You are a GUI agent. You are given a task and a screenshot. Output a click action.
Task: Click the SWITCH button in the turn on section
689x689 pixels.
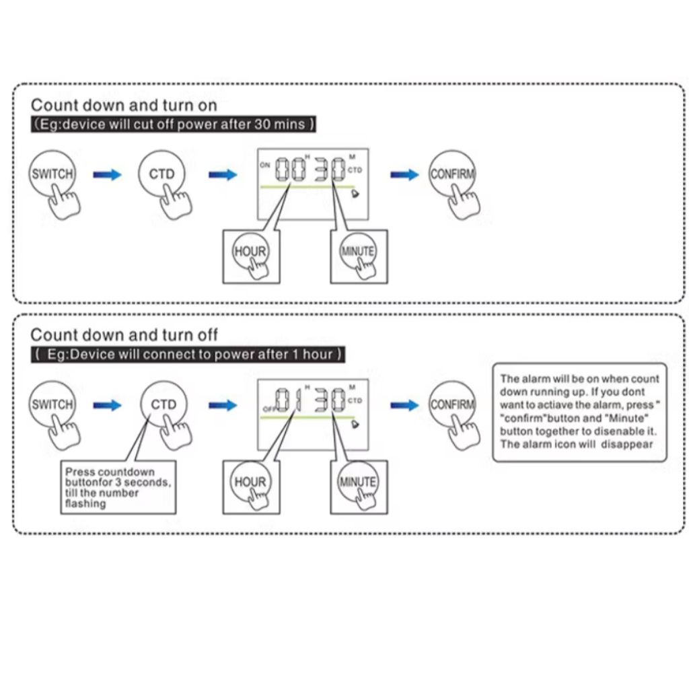pos(52,174)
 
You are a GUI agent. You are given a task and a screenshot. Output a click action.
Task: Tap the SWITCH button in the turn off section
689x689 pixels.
pos(52,405)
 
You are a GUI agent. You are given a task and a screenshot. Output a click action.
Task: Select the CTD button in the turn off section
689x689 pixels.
pos(164,405)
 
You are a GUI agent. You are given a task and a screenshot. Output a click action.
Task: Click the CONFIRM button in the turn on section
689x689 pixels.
pos(452,174)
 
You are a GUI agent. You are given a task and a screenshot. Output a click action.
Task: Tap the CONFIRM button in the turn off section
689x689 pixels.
pos(452,405)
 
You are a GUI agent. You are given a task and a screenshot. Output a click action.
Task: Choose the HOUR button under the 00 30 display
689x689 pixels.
pos(250,252)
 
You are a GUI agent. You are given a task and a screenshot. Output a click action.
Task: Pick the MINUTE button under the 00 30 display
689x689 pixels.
pos(358,252)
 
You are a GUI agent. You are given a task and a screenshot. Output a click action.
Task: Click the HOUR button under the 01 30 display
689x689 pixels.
pos(250,482)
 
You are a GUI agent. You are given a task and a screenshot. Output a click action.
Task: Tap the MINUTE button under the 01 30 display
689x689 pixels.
pos(358,482)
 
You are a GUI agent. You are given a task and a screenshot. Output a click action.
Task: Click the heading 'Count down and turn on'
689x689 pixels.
pos(124,106)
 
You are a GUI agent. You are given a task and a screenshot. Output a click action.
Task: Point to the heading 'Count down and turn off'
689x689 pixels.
pos(124,335)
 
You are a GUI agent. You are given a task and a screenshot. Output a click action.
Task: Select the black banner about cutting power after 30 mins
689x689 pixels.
pos(174,124)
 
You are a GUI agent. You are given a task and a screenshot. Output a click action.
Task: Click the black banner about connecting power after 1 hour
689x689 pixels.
pos(188,355)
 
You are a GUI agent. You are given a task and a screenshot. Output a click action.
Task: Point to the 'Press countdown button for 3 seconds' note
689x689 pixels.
pos(118,488)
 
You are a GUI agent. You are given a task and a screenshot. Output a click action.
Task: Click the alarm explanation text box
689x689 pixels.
pos(579,412)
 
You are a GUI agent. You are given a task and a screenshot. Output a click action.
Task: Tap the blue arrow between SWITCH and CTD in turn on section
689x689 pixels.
pos(107,175)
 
